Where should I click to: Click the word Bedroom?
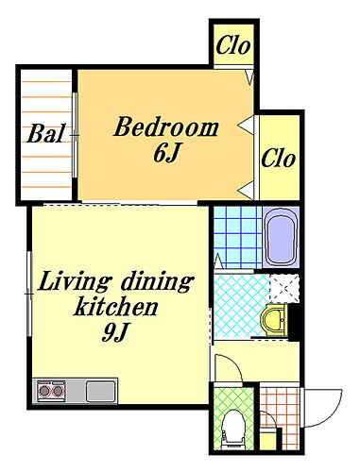(166, 127)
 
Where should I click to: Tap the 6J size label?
(166, 153)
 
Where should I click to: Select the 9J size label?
(115, 332)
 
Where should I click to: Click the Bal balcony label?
(46, 133)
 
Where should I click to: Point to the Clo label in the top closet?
(233, 44)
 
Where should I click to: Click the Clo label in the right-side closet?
(279, 158)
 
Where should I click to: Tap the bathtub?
(281, 238)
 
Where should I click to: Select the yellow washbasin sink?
(274, 320)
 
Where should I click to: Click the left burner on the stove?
(44, 391)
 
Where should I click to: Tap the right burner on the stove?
(58, 391)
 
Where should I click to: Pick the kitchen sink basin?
(100, 391)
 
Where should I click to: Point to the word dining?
(157, 281)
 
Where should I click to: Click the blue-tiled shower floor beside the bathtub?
(238, 238)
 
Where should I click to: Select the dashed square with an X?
(284, 288)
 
